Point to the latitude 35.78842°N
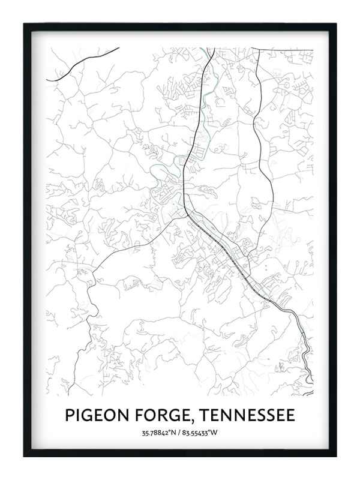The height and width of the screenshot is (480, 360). tap(158, 432)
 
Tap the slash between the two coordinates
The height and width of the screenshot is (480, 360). tap(179, 432)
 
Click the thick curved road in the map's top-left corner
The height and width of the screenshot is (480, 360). tap(84, 63)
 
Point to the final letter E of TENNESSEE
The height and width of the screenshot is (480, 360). tap(290, 415)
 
